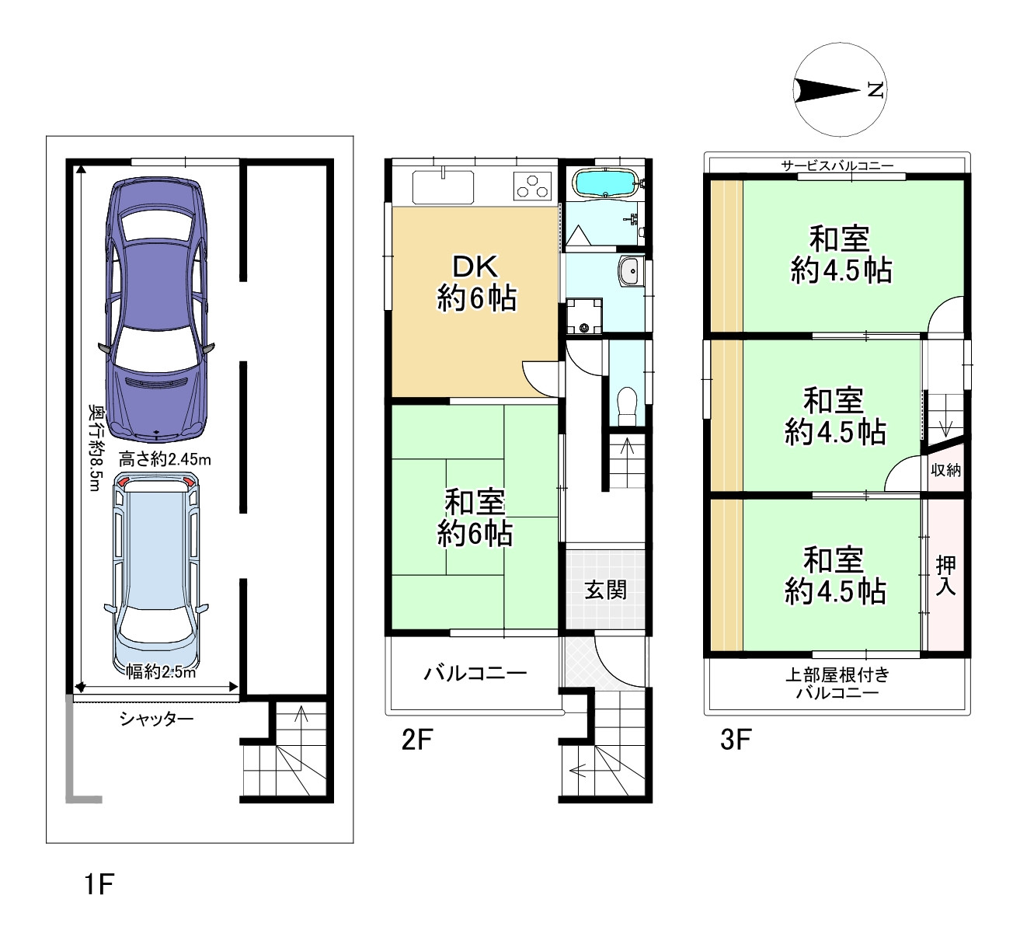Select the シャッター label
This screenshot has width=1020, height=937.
click(x=157, y=719)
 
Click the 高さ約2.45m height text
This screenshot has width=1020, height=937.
click(x=165, y=459)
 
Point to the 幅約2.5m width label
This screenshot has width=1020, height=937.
click(x=161, y=672)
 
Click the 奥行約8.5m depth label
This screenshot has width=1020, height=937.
click(x=96, y=448)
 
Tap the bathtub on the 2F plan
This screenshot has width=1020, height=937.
click(x=606, y=183)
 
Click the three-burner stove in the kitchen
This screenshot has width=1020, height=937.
click(x=532, y=185)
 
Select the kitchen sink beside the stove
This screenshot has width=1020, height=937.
click(x=443, y=186)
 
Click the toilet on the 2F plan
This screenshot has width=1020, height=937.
click(x=628, y=406)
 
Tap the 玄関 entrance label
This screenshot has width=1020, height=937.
click(x=605, y=590)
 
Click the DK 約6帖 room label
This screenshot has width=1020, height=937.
click(x=476, y=282)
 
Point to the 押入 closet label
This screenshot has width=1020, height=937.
click(x=945, y=575)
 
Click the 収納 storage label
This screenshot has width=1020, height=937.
click(x=945, y=470)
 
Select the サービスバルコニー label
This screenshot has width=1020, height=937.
click(x=837, y=165)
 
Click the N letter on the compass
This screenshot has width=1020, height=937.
click(x=875, y=90)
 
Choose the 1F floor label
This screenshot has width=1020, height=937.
click(x=99, y=884)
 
